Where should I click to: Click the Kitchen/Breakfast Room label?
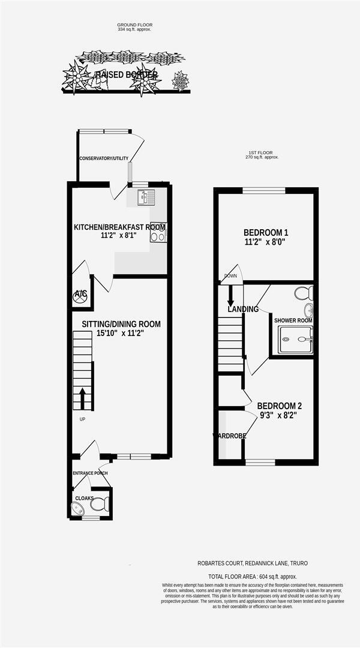pos(119,227)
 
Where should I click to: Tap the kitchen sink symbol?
pos(146,197)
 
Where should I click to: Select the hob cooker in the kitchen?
pos(158,232)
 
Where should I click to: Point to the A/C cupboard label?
pos(80,294)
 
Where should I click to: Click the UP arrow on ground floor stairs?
pos(82,397)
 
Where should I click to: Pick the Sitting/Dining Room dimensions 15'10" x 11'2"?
pos(121,334)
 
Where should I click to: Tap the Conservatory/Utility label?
pos(104,158)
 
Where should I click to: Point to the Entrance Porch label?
pos(90,473)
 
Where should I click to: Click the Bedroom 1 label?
pos(266,233)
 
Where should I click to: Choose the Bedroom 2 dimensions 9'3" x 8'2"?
pos(278,414)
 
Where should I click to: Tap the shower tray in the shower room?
pos(295,340)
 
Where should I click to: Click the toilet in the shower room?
pos(304,293)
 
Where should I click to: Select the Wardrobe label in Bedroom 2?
pos(230,436)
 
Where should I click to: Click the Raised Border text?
pos(126,75)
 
